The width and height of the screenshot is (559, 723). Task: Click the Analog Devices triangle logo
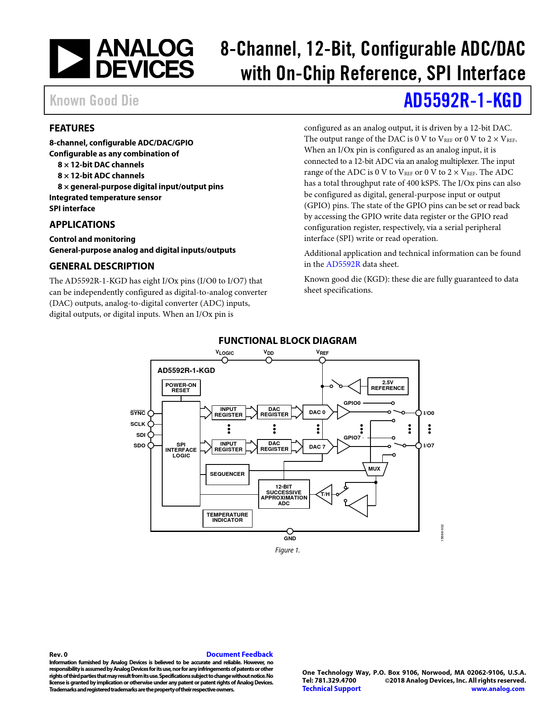coord(70,59)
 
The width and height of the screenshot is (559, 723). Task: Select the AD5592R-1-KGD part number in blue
coord(463,100)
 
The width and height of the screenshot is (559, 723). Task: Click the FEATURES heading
coord(72,128)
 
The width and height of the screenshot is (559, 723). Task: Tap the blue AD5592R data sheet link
coord(343,264)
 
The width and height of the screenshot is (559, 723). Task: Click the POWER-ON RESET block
coord(181,388)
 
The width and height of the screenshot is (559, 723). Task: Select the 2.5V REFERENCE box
coord(388,386)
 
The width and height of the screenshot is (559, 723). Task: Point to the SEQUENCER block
coord(227,474)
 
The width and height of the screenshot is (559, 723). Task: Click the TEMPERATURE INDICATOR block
coord(227,517)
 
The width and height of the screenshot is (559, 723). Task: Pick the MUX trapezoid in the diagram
coord(374,469)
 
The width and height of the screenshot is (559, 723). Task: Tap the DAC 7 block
coord(317,447)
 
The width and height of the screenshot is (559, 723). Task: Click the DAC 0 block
coord(317,412)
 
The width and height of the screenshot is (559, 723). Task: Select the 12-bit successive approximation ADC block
coord(284,495)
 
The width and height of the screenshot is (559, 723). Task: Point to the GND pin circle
coord(290,532)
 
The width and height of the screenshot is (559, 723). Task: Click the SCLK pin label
coord(138,424)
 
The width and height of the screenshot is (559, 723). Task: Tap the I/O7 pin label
coord(429,446)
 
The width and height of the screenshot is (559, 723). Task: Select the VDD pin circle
coord(269,360)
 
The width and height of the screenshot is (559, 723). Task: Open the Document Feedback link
coord(239,654)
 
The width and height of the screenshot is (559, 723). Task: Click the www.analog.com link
coord(498,689)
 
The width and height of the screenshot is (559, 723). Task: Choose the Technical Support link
coord(331,688)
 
